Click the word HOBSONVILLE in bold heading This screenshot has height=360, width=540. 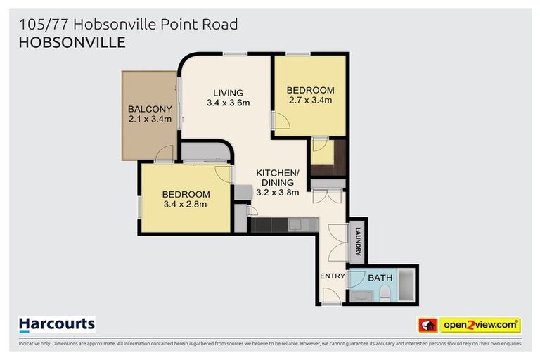point(72,42)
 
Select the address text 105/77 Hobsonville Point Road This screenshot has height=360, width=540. point(128,24)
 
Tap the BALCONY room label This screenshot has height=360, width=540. point(150,109)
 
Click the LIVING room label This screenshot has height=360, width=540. point(229,93)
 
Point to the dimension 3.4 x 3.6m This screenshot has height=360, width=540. point(229,103)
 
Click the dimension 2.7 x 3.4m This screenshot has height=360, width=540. point(309,101)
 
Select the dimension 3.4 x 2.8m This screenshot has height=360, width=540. point(186,205)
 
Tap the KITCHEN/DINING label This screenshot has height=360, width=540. point(277,177)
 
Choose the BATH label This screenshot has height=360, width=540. point(380,278)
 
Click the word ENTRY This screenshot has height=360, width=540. point(333,276)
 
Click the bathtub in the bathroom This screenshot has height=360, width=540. point(407,286)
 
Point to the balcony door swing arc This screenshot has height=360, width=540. point(165,153)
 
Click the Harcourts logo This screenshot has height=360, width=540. point(56,325)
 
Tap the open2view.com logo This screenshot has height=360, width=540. point(480,325)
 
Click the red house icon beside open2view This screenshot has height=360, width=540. point(427,325)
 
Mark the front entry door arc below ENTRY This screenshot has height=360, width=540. point(330,297)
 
